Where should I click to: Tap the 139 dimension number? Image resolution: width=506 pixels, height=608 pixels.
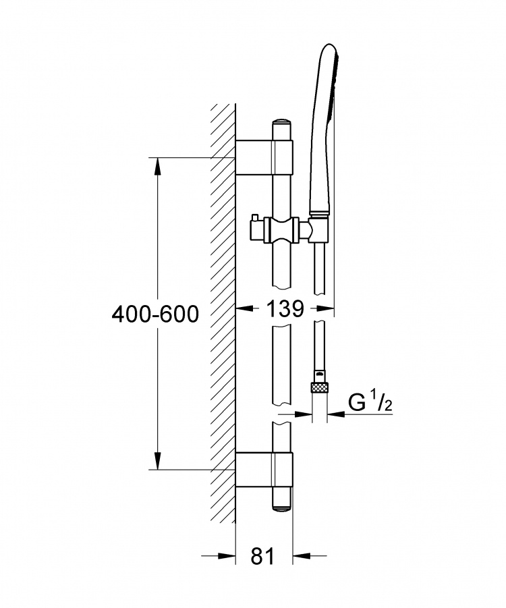click(285, 309)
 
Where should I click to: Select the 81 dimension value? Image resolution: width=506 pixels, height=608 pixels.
click(262, 557)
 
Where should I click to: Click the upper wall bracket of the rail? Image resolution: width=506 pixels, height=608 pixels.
click(264, 157)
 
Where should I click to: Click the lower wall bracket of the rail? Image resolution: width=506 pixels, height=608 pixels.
click(264, 469)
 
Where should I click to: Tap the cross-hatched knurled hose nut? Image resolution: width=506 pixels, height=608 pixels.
click(320, 388)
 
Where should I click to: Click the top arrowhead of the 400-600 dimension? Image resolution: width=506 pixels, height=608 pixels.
click(157, 167)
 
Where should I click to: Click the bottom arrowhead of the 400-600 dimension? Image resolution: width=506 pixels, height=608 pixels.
click(157, 460)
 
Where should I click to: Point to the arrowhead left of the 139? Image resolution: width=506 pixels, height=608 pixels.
click(245, 308)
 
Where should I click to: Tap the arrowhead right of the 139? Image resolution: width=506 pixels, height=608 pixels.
click(325, 308)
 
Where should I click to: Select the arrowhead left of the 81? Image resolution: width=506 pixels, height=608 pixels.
click(227, 556)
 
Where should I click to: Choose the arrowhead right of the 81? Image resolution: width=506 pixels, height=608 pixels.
click(302, 556)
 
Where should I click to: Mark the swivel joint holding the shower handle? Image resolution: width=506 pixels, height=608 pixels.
click(318, 229)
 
